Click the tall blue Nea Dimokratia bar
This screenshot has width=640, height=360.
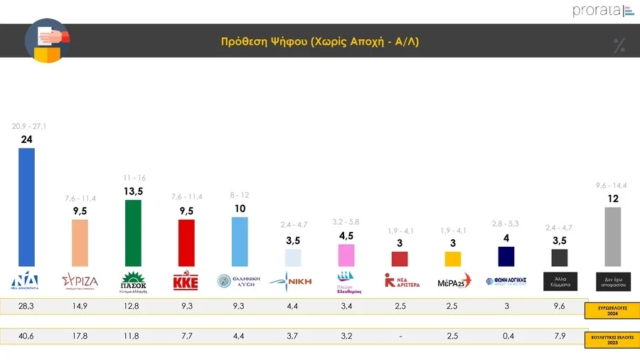click(26, 207)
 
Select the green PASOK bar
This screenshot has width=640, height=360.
click(133, 233)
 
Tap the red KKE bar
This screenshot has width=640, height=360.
click(186, 242)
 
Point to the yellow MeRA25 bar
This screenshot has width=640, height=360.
click(453, 258)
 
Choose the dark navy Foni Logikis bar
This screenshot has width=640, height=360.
click(506, 256)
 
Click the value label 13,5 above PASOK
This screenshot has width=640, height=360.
click(133, 192)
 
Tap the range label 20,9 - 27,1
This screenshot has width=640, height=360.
click(26, 126)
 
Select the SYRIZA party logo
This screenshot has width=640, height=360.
click(80, 280)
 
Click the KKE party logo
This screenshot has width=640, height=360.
click(186, 281)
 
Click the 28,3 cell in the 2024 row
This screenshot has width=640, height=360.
click(26, 306)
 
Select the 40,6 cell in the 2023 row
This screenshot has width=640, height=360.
click(26, 337)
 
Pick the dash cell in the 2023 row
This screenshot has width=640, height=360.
click(400, 337)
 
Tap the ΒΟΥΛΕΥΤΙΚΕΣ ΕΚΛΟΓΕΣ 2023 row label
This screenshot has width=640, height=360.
click(613, 339)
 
